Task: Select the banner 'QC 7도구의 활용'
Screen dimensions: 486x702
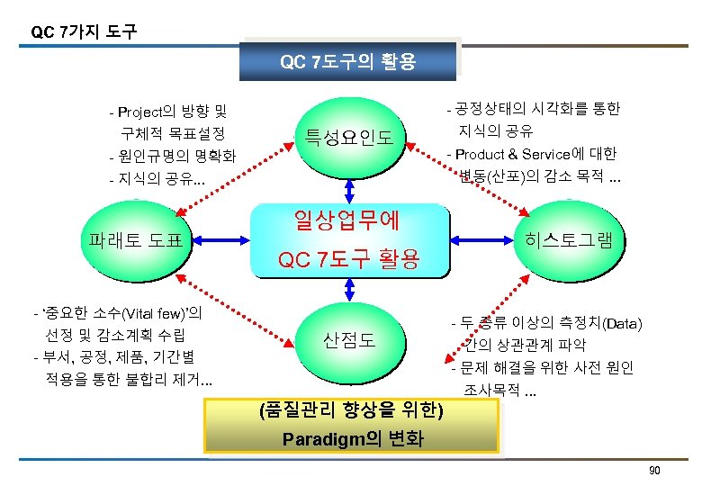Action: pos(347,62)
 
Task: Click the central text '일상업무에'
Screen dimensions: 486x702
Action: pos(348,218)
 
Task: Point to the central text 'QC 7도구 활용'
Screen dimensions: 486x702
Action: pos(349,260)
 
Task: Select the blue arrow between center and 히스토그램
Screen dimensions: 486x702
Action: pos(481,239)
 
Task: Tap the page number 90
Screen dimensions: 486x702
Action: pos(654,472)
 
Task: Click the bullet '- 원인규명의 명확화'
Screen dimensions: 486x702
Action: pos(171,156)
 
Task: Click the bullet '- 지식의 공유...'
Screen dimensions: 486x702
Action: pos(156,178)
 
